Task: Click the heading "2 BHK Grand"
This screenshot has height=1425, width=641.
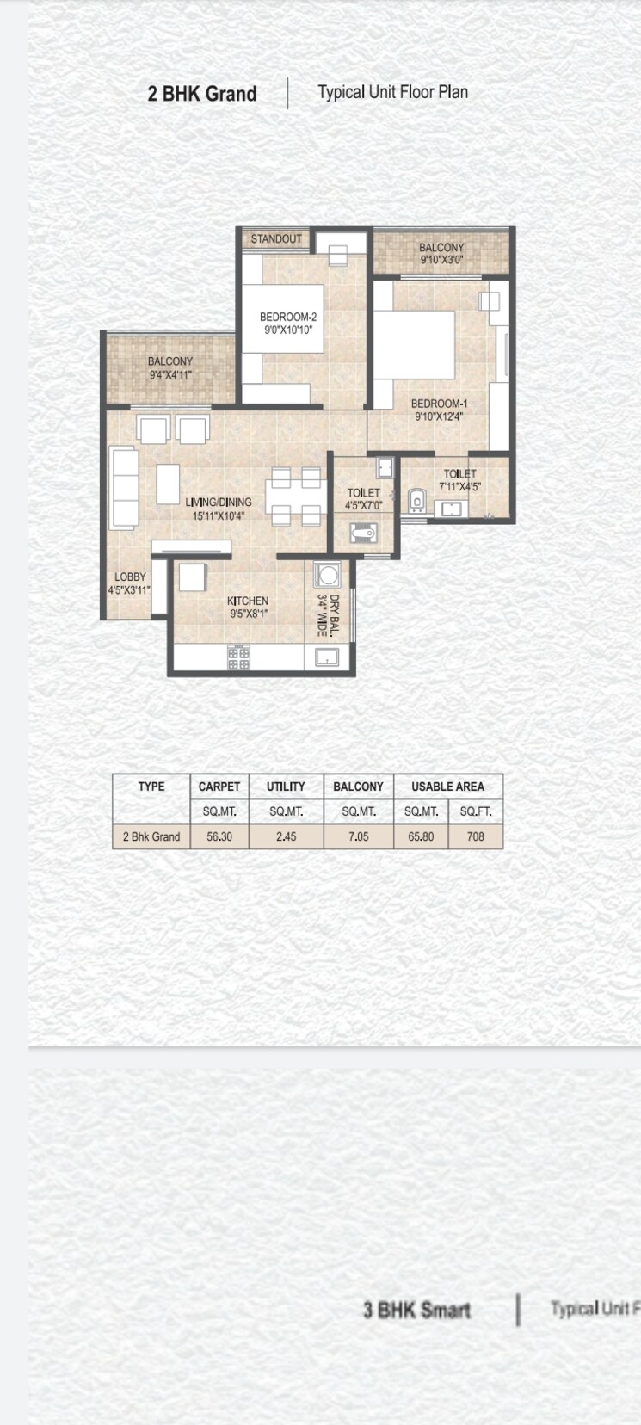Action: [x=202, y=94]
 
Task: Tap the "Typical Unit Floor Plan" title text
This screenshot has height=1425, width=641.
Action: [x=392, y=92]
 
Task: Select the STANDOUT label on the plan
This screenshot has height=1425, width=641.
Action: [x=276, y=238]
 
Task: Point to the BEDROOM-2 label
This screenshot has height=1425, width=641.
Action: [x=288, y=318]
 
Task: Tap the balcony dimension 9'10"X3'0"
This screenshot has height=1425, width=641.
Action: [x=441, y=259]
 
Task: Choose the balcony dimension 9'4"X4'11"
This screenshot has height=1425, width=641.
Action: [x=170, y=374]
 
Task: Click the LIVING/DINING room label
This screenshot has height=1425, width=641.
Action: [x=219, y=503]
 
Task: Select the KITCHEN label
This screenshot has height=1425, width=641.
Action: [x=248, y=601]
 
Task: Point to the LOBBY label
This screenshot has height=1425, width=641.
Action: [x=130, y=577]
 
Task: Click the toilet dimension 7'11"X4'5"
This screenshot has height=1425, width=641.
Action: [x=459, y=486]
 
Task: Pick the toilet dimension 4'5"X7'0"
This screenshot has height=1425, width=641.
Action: [x=364, y=505]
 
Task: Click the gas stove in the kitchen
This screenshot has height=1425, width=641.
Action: [x=238, y=658]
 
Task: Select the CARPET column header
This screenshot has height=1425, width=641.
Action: [x=219, y=787]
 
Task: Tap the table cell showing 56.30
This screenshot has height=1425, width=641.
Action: [x=219, y=836]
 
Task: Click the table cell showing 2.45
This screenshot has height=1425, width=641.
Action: [x=286, y=836]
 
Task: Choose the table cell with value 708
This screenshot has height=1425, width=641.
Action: [x=475, y=836]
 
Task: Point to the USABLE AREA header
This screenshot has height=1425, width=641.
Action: [x=447, y=787]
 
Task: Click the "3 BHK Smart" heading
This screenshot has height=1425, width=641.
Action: [x=416, y=1311]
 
